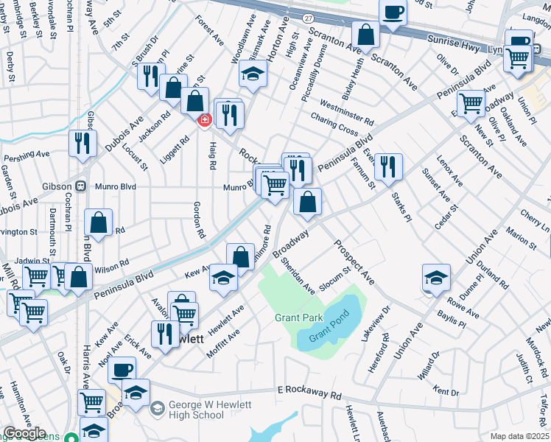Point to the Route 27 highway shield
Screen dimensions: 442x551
pos(308,15)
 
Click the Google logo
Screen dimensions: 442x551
pos(24,433)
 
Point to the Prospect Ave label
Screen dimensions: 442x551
pos(354,264)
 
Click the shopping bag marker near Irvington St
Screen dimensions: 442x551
pos(98,222)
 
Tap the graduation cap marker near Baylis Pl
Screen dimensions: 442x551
pos(437,278)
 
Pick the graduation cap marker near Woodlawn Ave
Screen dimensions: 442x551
pos(253,74)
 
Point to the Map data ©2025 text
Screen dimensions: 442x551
pos(519,436)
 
